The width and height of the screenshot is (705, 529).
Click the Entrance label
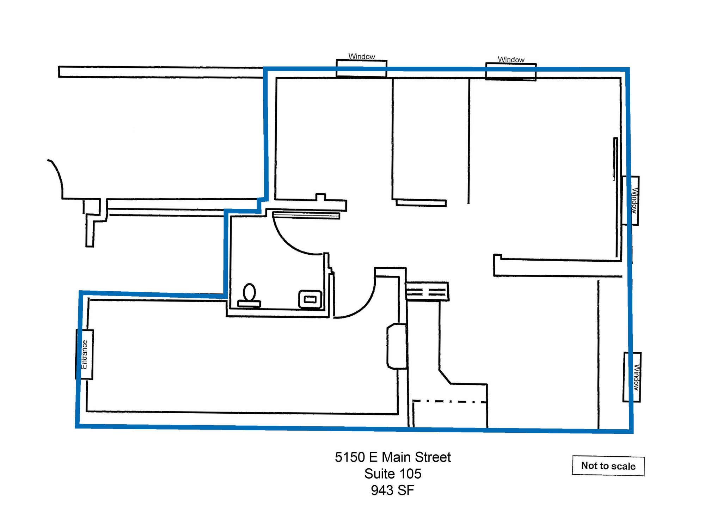pos(85,354)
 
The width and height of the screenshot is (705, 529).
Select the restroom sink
pos(310,299)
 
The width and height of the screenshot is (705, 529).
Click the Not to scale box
pos(608,466)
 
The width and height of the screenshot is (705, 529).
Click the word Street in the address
pos(433,457)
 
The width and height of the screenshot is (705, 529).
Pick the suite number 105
pos(410,474)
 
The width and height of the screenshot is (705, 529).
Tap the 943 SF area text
pos(392,491)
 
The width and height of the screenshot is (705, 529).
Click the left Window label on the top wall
pos(362,56)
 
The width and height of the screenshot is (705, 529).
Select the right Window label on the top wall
pos(511,60)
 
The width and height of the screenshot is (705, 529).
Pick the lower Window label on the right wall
pos(636,377)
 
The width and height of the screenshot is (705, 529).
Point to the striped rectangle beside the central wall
pos(427,291)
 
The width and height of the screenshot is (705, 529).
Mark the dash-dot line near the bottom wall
pos(449,401)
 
